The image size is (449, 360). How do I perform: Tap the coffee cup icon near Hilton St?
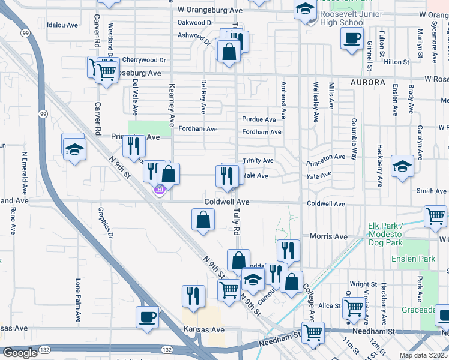[x=351, y=38]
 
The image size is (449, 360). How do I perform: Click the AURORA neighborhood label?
[x=365, y=82]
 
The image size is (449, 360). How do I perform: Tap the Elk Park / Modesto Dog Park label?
[x=394, y=231]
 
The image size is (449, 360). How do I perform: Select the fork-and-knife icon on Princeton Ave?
[x=134, y=145]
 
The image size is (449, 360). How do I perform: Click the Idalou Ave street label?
[x=62, y=25]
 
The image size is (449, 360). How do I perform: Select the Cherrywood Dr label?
[x=143, y=60]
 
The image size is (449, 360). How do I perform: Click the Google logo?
[x=20, y=353]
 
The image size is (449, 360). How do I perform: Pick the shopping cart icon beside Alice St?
[x=354, y=308]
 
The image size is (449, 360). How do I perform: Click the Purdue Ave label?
[x=259, y=119]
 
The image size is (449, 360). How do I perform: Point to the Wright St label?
[x=363, y=284]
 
